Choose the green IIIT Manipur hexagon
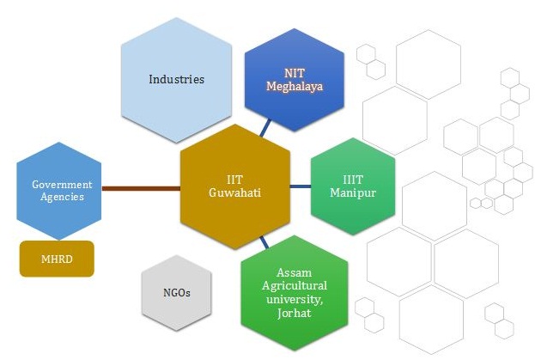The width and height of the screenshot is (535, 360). point(352,186)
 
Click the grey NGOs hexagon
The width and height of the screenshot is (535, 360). point(176,293)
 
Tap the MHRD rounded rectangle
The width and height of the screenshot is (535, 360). point(57,259)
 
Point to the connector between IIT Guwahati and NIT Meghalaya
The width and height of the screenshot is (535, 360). point(265,129)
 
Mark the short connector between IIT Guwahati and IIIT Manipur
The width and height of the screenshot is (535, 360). point(300,186)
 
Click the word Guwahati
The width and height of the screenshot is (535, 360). point(234,193)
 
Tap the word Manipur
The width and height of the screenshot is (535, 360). point(353,193)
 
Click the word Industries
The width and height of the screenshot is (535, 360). point(177,79)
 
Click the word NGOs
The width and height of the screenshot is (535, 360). point(176,293)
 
